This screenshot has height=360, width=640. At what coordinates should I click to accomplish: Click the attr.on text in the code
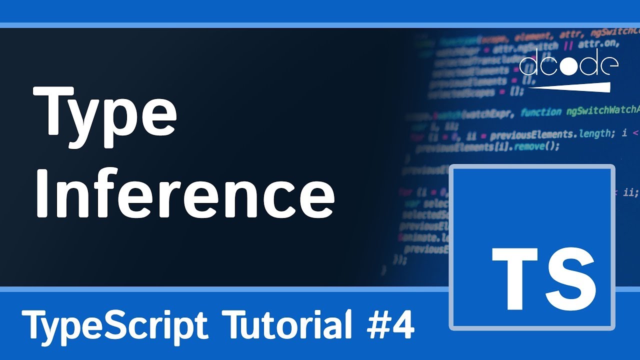point(598,43)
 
